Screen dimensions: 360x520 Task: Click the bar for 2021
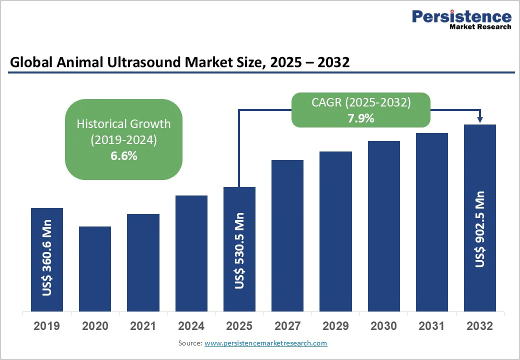coord(143,262)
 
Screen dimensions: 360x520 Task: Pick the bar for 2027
coord(287,235)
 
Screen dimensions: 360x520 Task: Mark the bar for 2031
coord(432,222)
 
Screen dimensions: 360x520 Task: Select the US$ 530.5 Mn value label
coord(239,250)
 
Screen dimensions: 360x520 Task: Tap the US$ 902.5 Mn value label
coord(480,229)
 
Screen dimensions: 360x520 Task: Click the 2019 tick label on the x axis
coord(47,326)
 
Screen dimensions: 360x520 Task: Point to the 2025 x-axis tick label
coord(239,326)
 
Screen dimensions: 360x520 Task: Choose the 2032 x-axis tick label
coord(480,326)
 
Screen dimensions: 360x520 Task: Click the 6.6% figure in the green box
coord(123,156)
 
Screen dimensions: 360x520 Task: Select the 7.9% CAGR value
coord(361,119)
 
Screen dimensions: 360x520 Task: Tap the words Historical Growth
coord(123,123)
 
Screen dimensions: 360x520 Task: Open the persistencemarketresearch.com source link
coord(265,343)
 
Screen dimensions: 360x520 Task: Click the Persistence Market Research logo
coord(461,19)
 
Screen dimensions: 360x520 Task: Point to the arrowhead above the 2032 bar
coord(480,119)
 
